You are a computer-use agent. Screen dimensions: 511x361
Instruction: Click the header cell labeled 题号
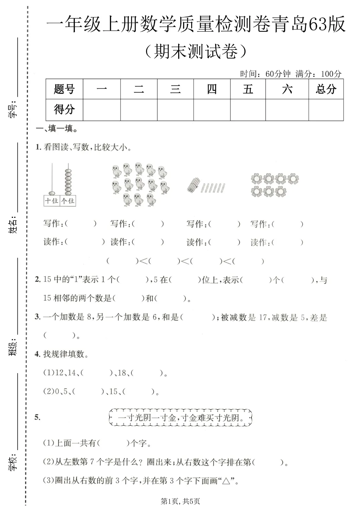(x=64, y=89)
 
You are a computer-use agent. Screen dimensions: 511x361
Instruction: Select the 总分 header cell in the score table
(x=326, y=89)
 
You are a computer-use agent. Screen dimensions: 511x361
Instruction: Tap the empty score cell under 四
(x=212, y=110)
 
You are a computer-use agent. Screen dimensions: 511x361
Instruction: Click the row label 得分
(x=64, y=109)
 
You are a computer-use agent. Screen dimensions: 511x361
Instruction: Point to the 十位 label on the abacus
(x=52, y=201)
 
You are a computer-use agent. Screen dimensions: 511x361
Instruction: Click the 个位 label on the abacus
(x=68, y=201)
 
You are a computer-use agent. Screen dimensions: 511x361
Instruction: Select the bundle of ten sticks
(x=194, y=185)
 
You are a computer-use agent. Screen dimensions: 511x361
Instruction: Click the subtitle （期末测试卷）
(x=197, y=52)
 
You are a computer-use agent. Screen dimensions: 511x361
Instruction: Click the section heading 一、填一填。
(x=57, y=129)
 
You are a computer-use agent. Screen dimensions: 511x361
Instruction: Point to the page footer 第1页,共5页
(x=180, y=501)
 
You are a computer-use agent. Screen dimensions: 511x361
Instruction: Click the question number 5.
(x=37, y=417)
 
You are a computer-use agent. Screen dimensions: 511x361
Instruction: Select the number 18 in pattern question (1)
(x=122, y=373)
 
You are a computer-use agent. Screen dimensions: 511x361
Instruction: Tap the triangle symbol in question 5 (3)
(x=226, y=481)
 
